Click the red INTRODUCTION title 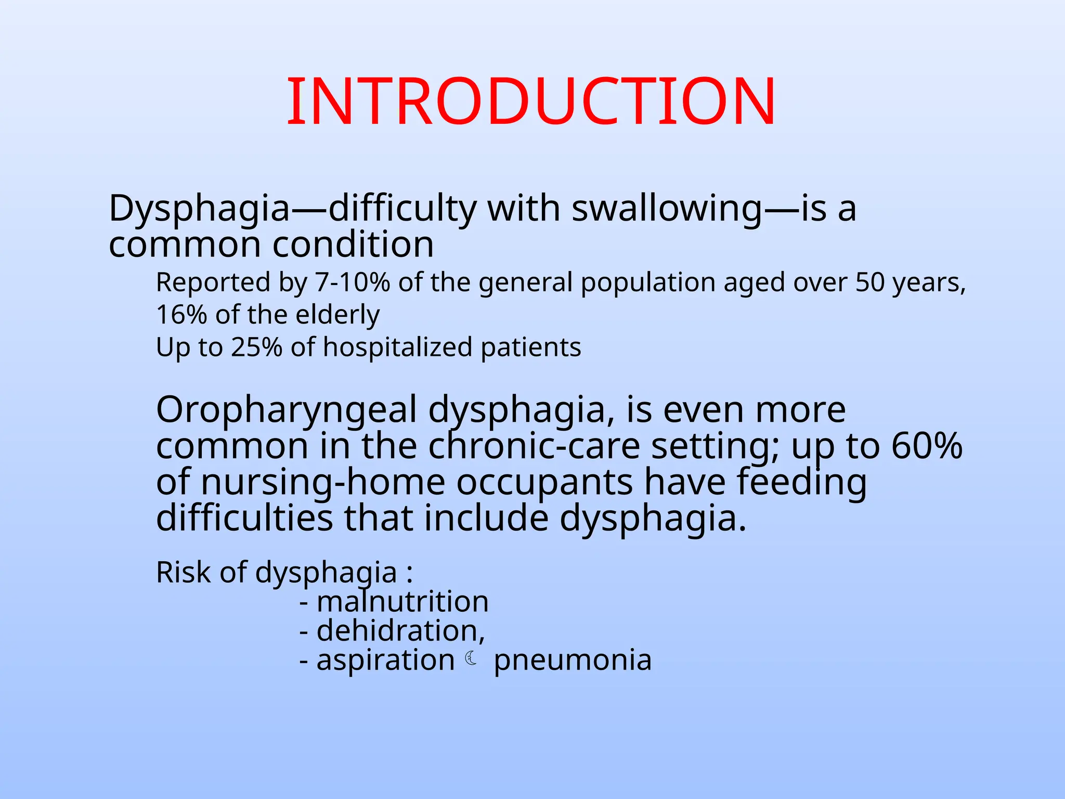coord(531,101)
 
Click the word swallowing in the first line coord(667,208)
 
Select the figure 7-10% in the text coord(353,282)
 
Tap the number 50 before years coord(870,282)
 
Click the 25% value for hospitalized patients coord(256,347)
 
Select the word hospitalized coord(397,347)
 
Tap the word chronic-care coord(534,446)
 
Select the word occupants coord(544,482)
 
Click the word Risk coord(183,572)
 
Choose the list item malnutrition coord(402,602)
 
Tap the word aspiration coord(385,660)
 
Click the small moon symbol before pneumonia coord(471,659)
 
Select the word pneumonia coord(572,660)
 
